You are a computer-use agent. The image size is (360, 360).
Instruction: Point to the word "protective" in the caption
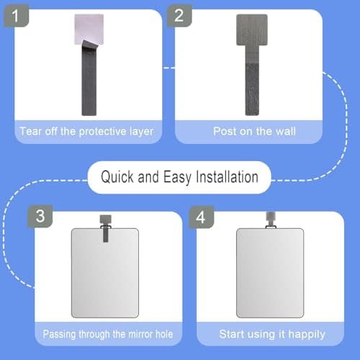103,132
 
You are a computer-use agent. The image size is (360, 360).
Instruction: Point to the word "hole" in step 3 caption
161,334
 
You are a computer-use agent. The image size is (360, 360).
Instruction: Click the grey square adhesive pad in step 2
251,30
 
